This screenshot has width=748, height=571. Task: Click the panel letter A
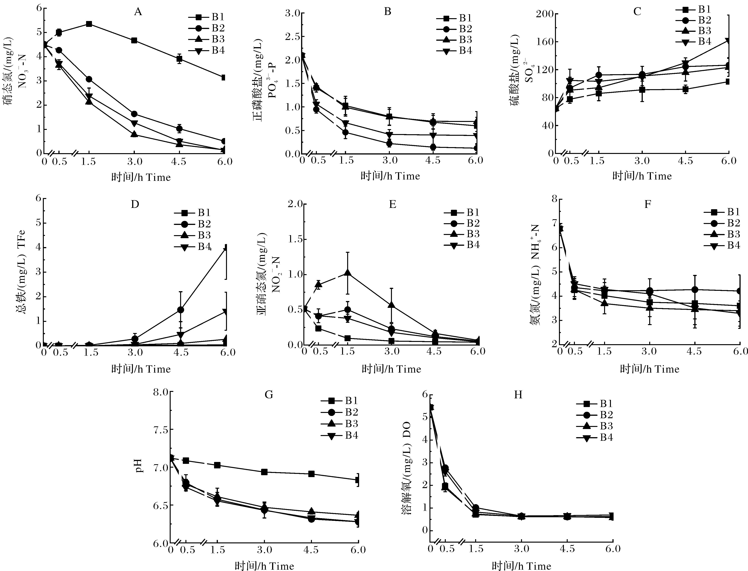[x=138, y=12]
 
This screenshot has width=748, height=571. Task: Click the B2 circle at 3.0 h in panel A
[x=134, y=114]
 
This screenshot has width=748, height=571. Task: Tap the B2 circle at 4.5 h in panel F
[x=695, y=290]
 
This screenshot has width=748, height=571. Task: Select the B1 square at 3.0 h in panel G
[x=264, y=472]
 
